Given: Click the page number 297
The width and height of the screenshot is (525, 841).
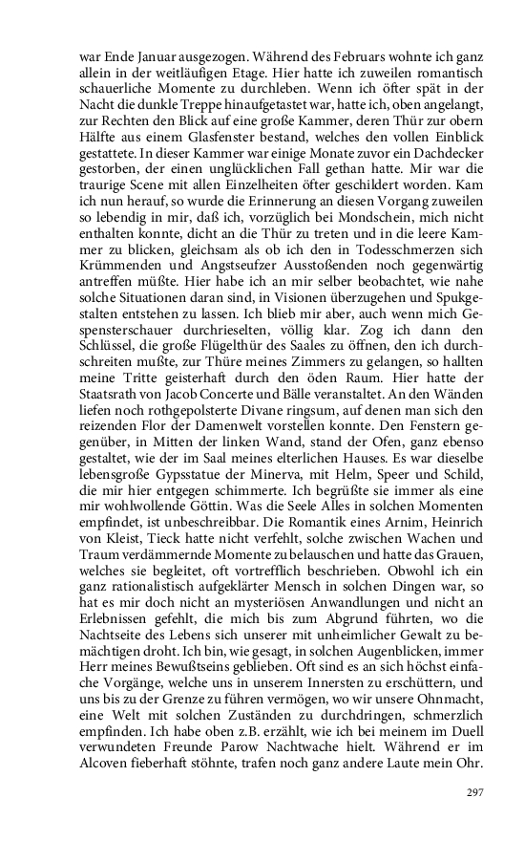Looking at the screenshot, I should click(474, 792).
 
